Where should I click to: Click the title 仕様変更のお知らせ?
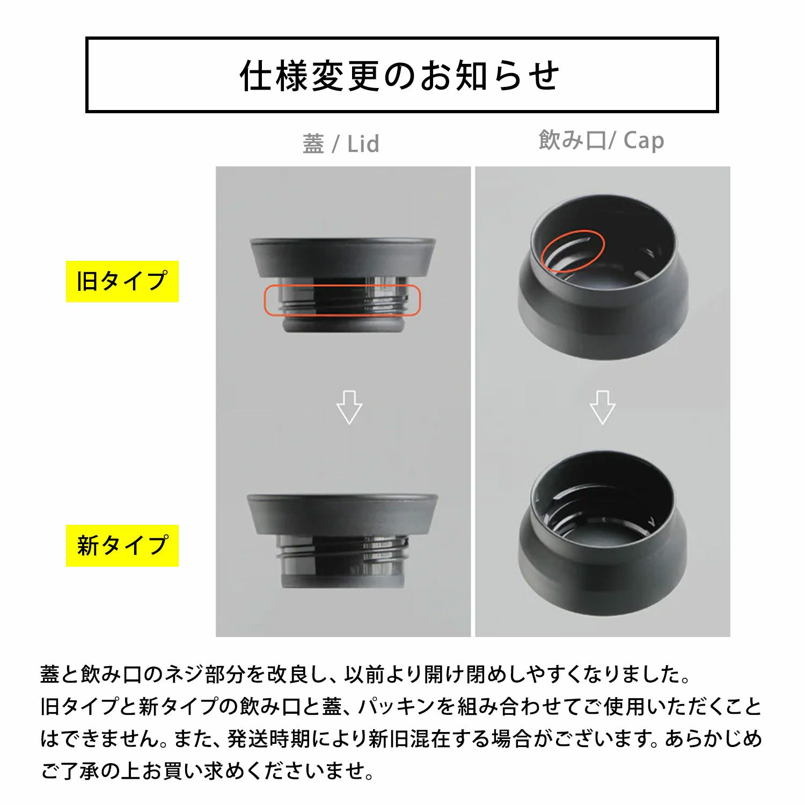(400, 75)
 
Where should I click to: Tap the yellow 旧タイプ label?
(122, 281)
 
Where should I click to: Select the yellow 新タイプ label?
(122, 546)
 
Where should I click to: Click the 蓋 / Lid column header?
(341, 144)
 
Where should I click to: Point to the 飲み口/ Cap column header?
(602, 141)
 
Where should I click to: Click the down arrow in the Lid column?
(349, 407)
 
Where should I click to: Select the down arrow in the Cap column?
(603, 407)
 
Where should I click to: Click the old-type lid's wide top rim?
(342, 258)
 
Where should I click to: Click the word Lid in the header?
(363, 144)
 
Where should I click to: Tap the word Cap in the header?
(644, 141)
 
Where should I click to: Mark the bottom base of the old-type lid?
(342, 324)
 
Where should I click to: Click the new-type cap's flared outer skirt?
(603, 569)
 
